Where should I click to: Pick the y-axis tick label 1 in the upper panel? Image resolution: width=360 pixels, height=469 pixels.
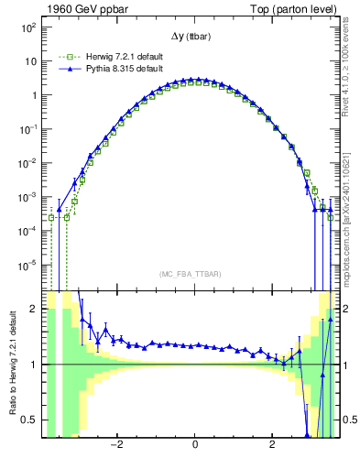[x=33, y=95]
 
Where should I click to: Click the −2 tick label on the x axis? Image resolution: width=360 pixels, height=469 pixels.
[x=116, y=446]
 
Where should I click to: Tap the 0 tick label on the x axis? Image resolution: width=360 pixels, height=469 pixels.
[x=195, y=446]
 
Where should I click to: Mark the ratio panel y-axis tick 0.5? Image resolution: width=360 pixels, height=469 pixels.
[x=29, y=420]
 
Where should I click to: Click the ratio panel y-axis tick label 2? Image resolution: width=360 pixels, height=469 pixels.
[x=34, y=310]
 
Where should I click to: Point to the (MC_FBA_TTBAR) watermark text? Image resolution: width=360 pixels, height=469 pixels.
[x=194, y=274]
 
